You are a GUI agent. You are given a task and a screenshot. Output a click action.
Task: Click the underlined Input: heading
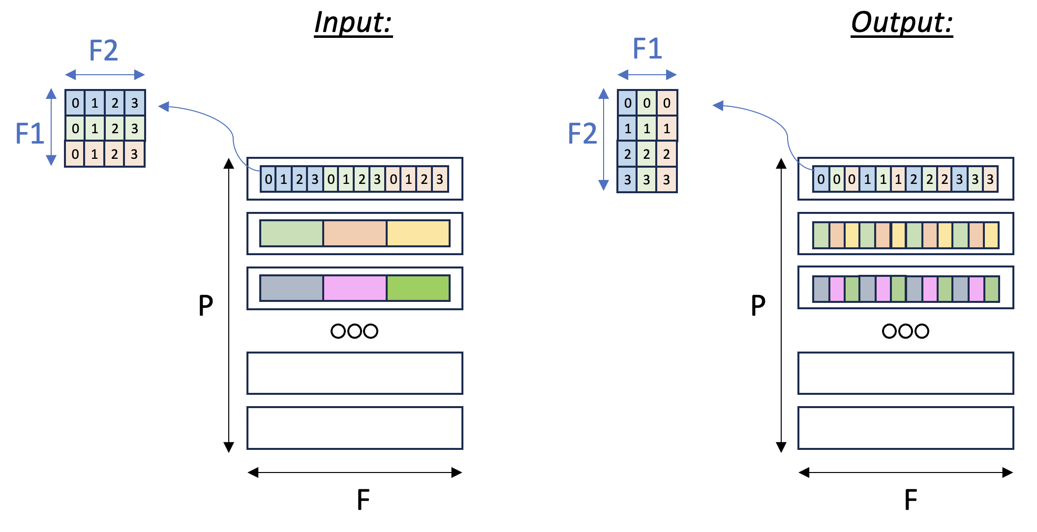pyautogui.click(x=353, y=23)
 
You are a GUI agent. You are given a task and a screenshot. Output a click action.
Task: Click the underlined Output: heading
pyautogui.click(x=902, y=23)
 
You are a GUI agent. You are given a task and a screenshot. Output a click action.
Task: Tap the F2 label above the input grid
pyautogui.click(x=103, y=50)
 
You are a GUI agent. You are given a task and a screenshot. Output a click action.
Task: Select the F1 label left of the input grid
pyautogui.click(x=30, y=133)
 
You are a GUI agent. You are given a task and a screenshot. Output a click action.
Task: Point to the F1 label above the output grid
pyautogui.click(x=647, y=49)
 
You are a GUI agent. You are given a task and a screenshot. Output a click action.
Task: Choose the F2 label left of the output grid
pyautogui.click(x=582, y=133)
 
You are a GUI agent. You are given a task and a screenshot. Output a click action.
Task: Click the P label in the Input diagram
pyautogui.click(x=206, y=305)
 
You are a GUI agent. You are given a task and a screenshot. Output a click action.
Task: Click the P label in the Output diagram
pyautogui.click(x=758, y=305)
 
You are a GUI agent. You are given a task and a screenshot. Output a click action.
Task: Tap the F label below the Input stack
pyautogui.click(x=363, y=500)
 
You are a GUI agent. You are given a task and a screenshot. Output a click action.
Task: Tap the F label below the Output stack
pyautogui.click(x=911, y=500)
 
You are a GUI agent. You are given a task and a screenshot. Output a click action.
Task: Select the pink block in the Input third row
pyautogui.click(x=355, y=288)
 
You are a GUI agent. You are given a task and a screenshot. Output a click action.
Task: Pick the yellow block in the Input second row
pyautogui.click(x=418, y=233)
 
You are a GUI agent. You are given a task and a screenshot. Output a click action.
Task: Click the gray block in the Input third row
pyautogui.click(x=292, y=288)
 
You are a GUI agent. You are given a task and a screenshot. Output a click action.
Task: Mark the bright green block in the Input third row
pyautogui.click(x=418, y=288)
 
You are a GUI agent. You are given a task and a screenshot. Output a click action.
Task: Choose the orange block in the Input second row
pyautogui.click(x=355, y=233)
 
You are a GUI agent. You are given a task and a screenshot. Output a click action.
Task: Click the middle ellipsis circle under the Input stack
pyautogui.click(x=354, y=331)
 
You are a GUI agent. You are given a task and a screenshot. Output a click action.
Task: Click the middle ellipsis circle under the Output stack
pyautogui.click(x=906, y=331)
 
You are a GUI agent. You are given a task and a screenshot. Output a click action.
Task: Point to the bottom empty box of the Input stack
pyautogui.click(x=355, y=428)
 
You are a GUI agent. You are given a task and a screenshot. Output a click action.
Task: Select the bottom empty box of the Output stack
pyautogui.click(x=906, y=428)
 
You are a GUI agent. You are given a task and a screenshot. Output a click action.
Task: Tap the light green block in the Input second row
pyautogui.click(x=292, y=233)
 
